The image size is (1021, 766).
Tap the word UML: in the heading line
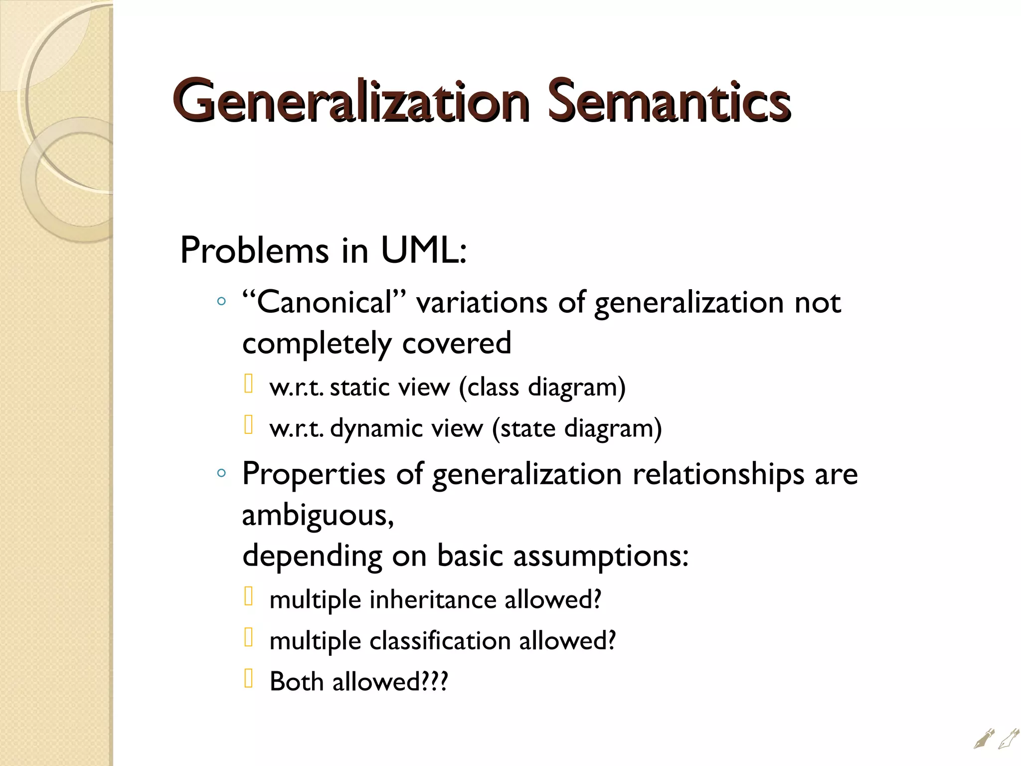coord(423,250)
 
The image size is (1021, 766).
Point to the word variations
coord(482,303)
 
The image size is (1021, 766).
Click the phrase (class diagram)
coord(542,387)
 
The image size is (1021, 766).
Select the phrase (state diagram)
coord(577,428)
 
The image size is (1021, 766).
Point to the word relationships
coord(718,474)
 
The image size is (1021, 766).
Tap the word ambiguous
coord(317,515)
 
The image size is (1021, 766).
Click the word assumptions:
coord(601,556)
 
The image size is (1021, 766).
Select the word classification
coord(440,641)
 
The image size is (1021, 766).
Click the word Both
coord(297,682)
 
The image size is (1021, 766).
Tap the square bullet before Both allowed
coord(249,679)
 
